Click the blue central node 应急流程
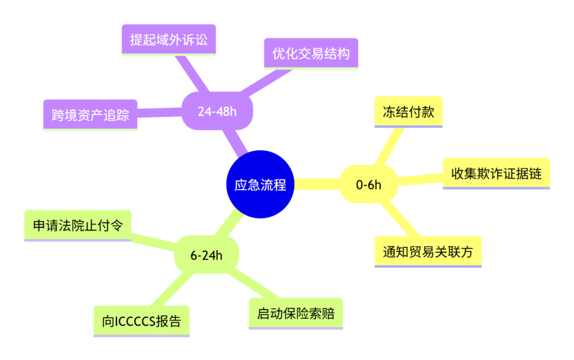click(260, 184)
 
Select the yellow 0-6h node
click(369, 184)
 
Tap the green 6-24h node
click(206, 255)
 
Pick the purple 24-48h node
click(217, 111)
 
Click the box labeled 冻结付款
click(409, 112)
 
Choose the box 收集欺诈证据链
click(497, 174)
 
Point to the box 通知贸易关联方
click(428, 252)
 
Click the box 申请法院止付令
click(77, 225)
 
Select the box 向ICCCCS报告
click(142, 321)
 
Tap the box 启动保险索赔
click(296, 313)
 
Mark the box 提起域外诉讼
click(169, 40)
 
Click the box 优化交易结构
click(311, 54)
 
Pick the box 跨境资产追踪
click(90, 115)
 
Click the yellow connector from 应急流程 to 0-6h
click(317, 184)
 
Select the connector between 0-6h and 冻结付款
click(389, 147)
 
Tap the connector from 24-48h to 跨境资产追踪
click(160, 113)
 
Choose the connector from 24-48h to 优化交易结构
click(265, 82)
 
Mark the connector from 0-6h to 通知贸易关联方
click(400, 219)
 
